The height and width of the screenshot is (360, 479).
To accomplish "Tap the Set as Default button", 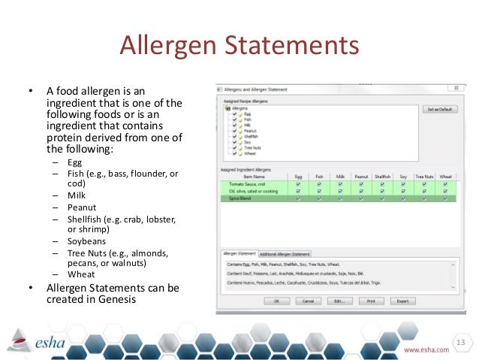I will [x=439, y=109].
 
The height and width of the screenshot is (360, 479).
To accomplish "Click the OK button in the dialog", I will [x=276, y=301].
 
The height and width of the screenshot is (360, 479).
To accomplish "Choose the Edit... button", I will [x=339, y=301].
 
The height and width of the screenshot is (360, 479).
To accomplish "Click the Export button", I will [x=402, y=301].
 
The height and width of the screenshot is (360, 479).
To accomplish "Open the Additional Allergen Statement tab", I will [x=286, y=253].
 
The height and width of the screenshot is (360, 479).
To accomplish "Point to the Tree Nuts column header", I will [x=425, y=177].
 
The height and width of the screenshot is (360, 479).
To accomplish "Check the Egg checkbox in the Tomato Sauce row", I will [x=299, y=183].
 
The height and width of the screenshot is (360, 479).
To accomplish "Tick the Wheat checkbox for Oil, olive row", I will [x=446, y=191].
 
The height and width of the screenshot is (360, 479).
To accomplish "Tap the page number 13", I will [x=459, y=343].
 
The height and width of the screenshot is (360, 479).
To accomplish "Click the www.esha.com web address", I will [x=427, y=350].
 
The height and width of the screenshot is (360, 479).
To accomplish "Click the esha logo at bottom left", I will [x=38, y=342].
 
